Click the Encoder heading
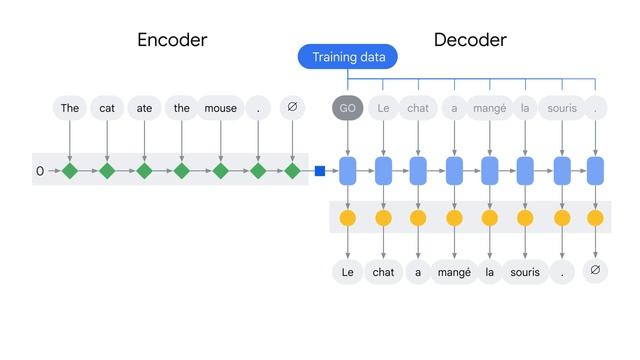coord(172,40)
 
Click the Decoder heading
coord(470,40)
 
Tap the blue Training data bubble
coord(348,57)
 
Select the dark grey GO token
coord(348,108)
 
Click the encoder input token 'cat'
coord(107,108)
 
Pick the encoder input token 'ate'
coord(144,108)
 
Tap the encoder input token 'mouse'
coord(220,108)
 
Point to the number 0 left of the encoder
coord(40,172)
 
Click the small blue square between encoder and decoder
coord(320,171)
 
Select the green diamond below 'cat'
coord(107,171)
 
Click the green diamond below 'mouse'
coord(220,171)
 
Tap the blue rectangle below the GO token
coord(348,171)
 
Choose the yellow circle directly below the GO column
coord(348,218)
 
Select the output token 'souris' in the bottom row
coord(524,271)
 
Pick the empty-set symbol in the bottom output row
coord(595,270)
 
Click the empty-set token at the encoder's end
coord(292,107)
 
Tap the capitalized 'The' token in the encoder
coord(69,108)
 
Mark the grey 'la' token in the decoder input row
coord(525,108)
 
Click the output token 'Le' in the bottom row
coord(348,271)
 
